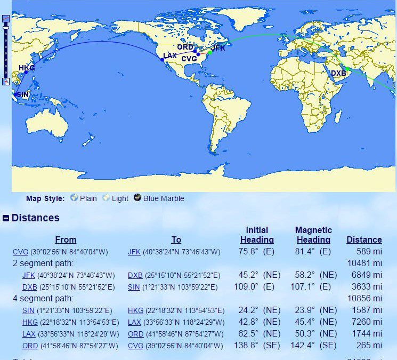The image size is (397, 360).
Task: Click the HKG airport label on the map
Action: point(26,68)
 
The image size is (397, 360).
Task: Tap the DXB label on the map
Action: point(338,73)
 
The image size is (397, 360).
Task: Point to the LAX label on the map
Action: point(170,55)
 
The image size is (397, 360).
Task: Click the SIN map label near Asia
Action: point(23,94)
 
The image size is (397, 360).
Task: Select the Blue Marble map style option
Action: point(159,198)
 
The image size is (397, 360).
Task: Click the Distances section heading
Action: point(35,218)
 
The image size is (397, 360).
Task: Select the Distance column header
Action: point(364,240)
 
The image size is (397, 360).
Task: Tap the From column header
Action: point(66,240)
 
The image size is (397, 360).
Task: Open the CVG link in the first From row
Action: point(20,252)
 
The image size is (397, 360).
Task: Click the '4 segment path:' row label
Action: point(43,299)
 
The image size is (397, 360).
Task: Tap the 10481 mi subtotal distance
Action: point(364,263)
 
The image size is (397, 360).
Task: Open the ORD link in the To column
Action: point(135,334)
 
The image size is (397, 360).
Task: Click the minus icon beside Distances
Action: point(6,218)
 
